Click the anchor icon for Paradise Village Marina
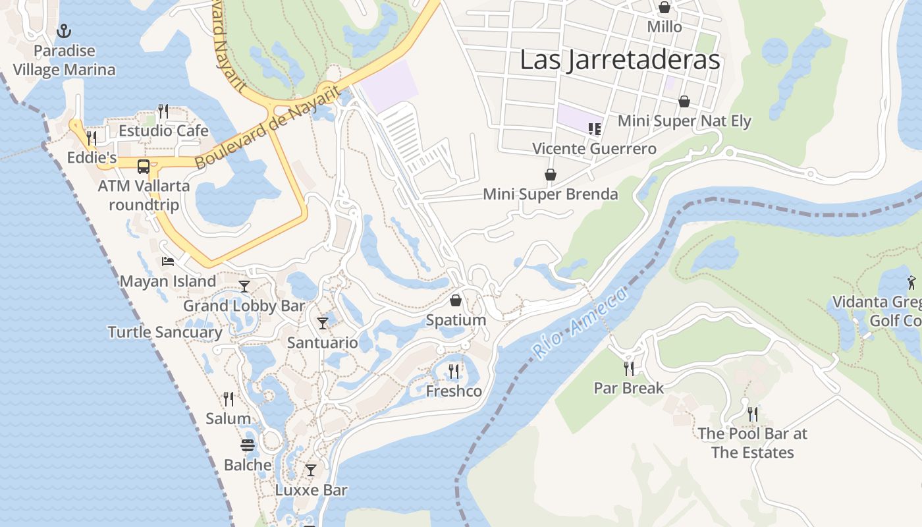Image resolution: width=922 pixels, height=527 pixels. (64, 30)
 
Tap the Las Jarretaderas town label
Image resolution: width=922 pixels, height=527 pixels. (620, 60)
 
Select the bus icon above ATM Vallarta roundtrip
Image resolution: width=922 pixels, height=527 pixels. (144, 166)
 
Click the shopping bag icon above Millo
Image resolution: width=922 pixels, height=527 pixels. (664, 7)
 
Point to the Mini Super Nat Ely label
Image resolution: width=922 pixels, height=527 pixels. (684, 121)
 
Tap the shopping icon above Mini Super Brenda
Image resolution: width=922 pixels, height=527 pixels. (551, 175)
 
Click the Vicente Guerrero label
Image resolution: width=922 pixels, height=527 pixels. (594, 148)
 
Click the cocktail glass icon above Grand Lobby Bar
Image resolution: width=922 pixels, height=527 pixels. (244, 286)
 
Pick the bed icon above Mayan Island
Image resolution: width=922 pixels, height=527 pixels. (168, 262)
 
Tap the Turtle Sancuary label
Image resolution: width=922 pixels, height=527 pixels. (165, 332)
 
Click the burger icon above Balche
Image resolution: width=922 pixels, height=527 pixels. (248, 445)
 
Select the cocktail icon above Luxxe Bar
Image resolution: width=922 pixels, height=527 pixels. (311, 470)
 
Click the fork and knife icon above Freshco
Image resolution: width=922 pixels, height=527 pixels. (454, 372)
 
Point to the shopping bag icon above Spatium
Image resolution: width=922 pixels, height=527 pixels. (456, 301)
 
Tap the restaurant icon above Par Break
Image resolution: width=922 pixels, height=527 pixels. (629, 368)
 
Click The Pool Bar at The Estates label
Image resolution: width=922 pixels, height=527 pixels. (752, 443)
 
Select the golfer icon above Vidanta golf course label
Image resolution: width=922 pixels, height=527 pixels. (911, 283)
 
